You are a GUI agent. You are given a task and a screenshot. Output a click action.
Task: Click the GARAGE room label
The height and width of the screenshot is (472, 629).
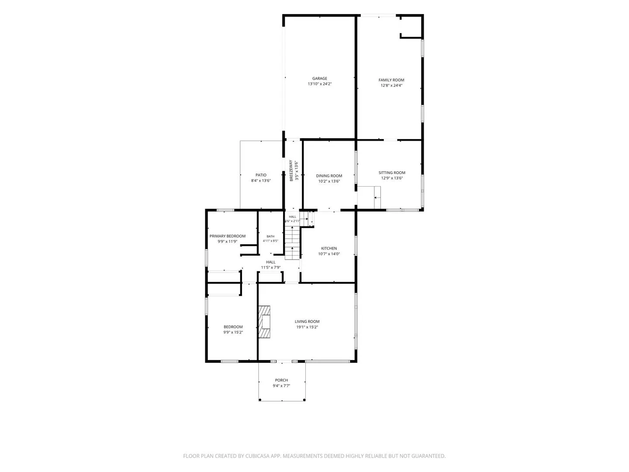319,78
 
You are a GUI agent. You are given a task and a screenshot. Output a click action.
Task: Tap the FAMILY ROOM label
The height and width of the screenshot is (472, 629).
391,80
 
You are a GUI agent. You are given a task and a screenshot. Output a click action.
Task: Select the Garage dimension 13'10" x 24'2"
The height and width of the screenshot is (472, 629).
319,83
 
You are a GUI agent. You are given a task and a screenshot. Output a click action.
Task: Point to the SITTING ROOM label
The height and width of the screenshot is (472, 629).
391,173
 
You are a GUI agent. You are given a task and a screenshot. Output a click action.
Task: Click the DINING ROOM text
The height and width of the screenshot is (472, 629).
328,176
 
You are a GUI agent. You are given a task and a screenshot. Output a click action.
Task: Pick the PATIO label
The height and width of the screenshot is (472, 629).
261,175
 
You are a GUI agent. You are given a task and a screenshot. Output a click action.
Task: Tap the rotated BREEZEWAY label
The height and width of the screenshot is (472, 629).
291,170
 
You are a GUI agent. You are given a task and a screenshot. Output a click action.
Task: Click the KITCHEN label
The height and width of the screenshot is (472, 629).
328,248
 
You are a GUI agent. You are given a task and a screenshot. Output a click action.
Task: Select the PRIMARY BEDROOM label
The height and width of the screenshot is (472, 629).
227,236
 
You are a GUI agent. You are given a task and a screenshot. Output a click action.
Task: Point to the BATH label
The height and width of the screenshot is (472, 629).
270,236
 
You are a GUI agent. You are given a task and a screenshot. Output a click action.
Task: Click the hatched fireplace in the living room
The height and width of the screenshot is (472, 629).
264,322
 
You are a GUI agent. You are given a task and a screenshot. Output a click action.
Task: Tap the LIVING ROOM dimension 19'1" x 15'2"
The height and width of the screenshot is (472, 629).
307,327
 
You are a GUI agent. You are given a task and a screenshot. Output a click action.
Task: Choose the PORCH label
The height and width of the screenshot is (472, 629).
281,380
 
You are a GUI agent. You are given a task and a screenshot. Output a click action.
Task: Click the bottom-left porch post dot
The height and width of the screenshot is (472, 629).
259,399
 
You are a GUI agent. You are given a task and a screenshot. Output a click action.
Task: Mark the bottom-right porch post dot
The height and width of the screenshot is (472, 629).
304,399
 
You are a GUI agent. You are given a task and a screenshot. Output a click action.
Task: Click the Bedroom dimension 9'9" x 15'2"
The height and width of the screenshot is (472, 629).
233,332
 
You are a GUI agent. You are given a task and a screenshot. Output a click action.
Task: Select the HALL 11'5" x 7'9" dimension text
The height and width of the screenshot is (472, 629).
270,267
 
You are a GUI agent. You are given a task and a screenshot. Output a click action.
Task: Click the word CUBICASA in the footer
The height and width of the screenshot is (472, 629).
257,456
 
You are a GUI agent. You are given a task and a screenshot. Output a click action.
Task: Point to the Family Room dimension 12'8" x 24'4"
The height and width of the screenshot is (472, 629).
391,85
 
